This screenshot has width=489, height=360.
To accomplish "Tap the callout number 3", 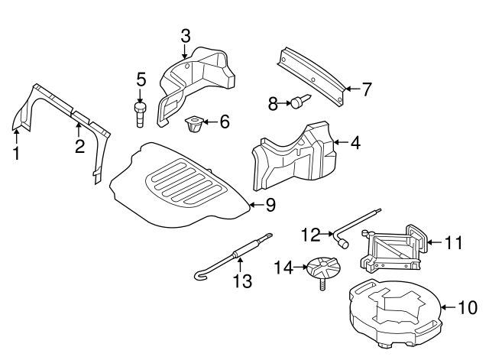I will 186,35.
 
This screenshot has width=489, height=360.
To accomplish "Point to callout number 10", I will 465,308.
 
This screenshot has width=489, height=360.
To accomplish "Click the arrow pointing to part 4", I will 342,142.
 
